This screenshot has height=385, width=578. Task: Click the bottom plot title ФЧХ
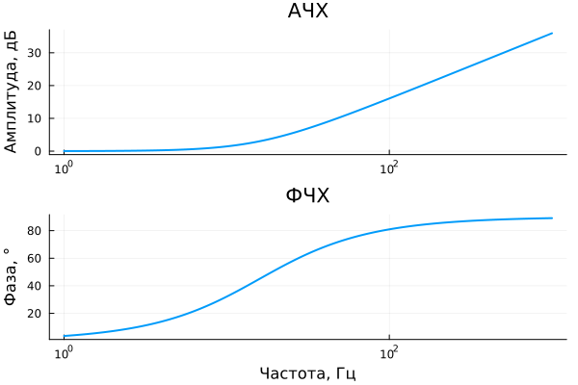pyautogui.click(x=308, y=196)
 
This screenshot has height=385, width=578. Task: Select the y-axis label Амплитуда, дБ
pyautogui.click(x=12, y=92)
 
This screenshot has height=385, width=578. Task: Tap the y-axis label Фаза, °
pyautogui.click(x=12, y=277)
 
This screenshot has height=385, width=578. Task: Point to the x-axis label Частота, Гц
pyautogui.click(x=308, y=372)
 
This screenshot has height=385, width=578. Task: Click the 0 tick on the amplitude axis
pyautogui.click(x=38, y=151)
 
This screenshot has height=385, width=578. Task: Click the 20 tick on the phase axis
pyautogui.click(x=35, y=314)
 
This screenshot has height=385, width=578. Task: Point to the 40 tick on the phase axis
pyautogui.click(x=35, y=286)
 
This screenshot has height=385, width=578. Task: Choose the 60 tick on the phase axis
pyautogui.click(x=35, y=259)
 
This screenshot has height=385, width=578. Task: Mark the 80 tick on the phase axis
pyautogui.click(x=35, y=231)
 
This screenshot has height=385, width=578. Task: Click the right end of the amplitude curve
pyautogui.click(x=552, y=33)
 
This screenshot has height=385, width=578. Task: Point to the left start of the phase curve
pyautogui.click(x=64, y=336)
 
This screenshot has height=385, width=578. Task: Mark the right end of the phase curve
pyautogui.click(x=552, y=218)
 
